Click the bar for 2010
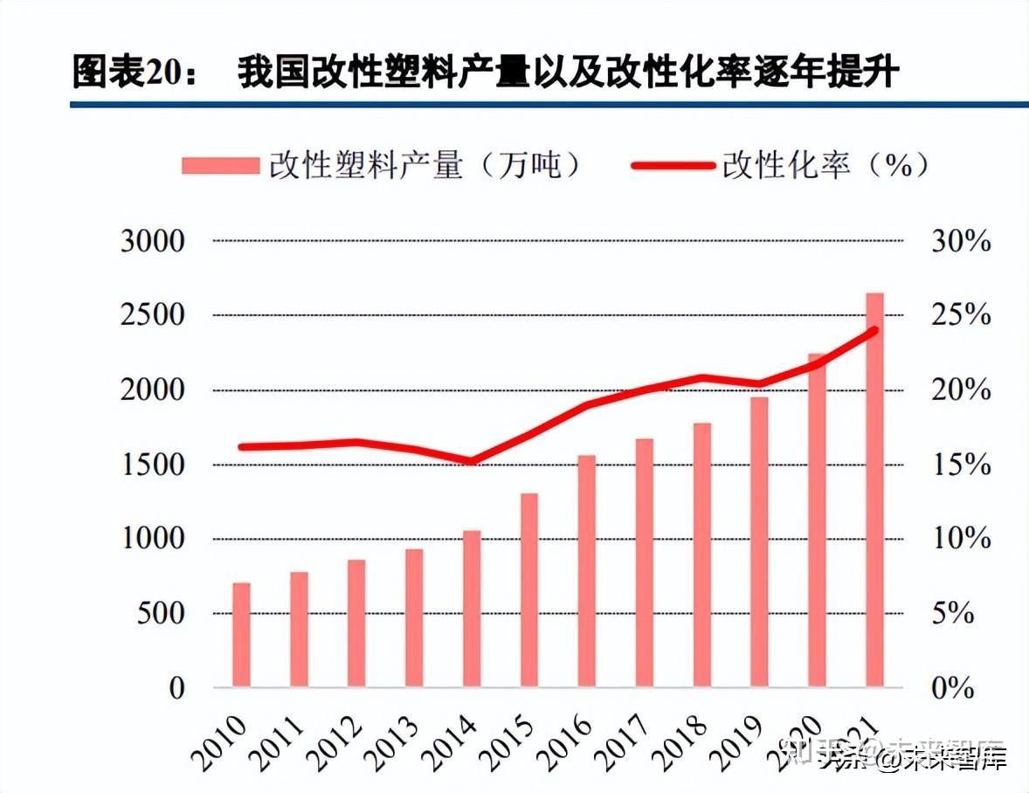point(241,634)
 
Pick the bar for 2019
point(759,541)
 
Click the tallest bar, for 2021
point(874,489)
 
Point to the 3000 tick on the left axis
point(154,241)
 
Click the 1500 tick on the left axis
point(154,465)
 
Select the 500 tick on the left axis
point(162,613)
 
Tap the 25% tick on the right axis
point(961,315)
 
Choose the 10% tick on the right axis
point(961,539)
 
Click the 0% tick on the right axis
point(953,688)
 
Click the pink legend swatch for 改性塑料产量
point(220,166)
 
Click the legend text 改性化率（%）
point(825,166)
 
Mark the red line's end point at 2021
point(874,330)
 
